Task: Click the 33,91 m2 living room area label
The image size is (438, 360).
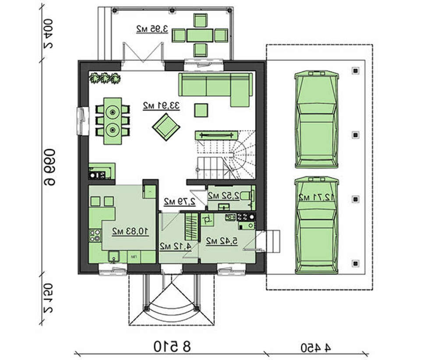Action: (x=161, y=106)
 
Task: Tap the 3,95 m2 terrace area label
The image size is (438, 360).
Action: (x=152, y=29)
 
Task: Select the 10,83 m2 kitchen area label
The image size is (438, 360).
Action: (x=131, y=232)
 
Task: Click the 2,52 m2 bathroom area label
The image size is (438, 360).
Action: (x=224, y=196)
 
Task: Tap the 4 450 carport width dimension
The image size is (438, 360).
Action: (x=316, y=348)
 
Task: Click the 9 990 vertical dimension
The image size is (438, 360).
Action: (x=49, y=167)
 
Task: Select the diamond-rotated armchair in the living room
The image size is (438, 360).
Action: (x=166, y=127)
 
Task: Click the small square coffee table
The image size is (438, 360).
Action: (x=201, y=110)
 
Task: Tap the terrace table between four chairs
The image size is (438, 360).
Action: (x=200, y=36)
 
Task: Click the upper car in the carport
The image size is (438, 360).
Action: (x=317, y=120)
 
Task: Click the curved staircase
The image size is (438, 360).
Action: (x=226, y=155)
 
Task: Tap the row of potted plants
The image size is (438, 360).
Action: (x=105, y=78)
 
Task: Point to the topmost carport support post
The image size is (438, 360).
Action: (x=355, y=71)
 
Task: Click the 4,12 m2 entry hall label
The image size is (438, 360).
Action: (x=176, y=246)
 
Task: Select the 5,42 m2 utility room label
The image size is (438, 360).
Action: (x=222, y=241)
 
